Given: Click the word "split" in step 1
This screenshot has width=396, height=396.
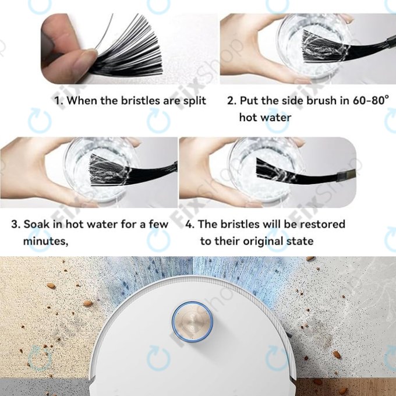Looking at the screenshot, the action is pyautogui.click(x=195, y=101).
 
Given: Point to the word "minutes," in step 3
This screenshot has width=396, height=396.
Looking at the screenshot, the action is pyautogui.click(x=45, y=242).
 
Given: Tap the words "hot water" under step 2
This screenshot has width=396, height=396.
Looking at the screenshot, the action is pyautogui.click(x=265, y=118).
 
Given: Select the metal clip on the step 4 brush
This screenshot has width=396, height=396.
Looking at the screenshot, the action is pyautogui.click(x=346, y=175).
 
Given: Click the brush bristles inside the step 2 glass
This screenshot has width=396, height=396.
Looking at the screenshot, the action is pyautogui.click(x=321, y=47).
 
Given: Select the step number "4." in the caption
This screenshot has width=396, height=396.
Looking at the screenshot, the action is pyautogui.click(x=190, y=224).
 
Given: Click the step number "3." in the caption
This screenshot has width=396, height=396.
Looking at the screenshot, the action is pyautogui.click(x=16, y=224).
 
